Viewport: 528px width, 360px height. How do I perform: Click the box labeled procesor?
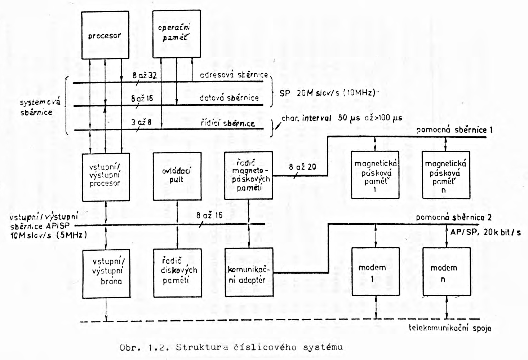coord(105,35)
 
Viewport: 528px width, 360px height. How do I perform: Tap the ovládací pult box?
coord(177,176)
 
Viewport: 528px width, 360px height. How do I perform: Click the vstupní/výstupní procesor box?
coord(106,177)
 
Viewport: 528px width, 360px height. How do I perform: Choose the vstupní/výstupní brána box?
coord(106,273)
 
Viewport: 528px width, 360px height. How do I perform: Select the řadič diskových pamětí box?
coord(177,273)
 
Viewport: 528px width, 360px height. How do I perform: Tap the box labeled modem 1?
coord(375,271)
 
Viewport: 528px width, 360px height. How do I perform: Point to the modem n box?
coord(446,271)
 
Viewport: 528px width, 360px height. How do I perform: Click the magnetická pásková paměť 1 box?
coord(375,175)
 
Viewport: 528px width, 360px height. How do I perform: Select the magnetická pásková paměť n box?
coord(446,175)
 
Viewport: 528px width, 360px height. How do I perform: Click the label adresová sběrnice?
coord(234,75)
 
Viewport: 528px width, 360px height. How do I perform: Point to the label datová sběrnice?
coord(229,97)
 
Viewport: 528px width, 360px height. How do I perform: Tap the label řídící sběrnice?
coord(228,123)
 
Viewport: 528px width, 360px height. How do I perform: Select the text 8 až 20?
coord(303,167)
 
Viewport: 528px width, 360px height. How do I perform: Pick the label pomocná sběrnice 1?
coord(454,130)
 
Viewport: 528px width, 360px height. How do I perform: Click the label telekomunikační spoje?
coord(451,328)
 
